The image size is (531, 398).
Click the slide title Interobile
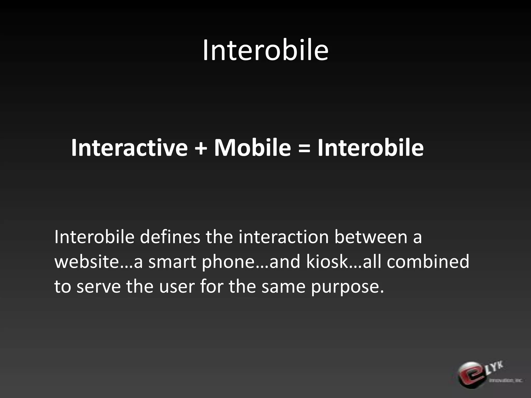[265, 50]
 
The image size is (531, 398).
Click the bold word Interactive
[129, 148]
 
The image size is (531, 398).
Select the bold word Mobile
[252, 148]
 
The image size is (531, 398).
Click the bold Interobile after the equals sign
[371, 148]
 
